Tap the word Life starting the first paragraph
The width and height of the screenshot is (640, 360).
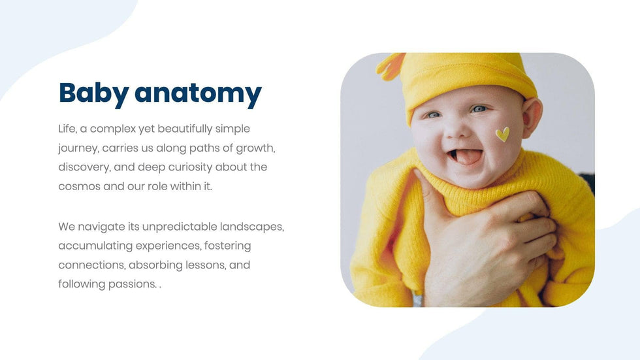[67, 129]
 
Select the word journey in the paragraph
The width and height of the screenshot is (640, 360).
[78, 148]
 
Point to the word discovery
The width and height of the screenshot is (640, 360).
[84, 167]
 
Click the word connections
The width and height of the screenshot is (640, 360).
[92, 265]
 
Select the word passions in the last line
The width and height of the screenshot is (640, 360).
[133, 284]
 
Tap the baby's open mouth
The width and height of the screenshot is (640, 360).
[466, 156]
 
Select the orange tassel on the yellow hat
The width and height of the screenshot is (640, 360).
[391, 67]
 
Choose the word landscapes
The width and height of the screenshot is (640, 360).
[252, 227]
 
